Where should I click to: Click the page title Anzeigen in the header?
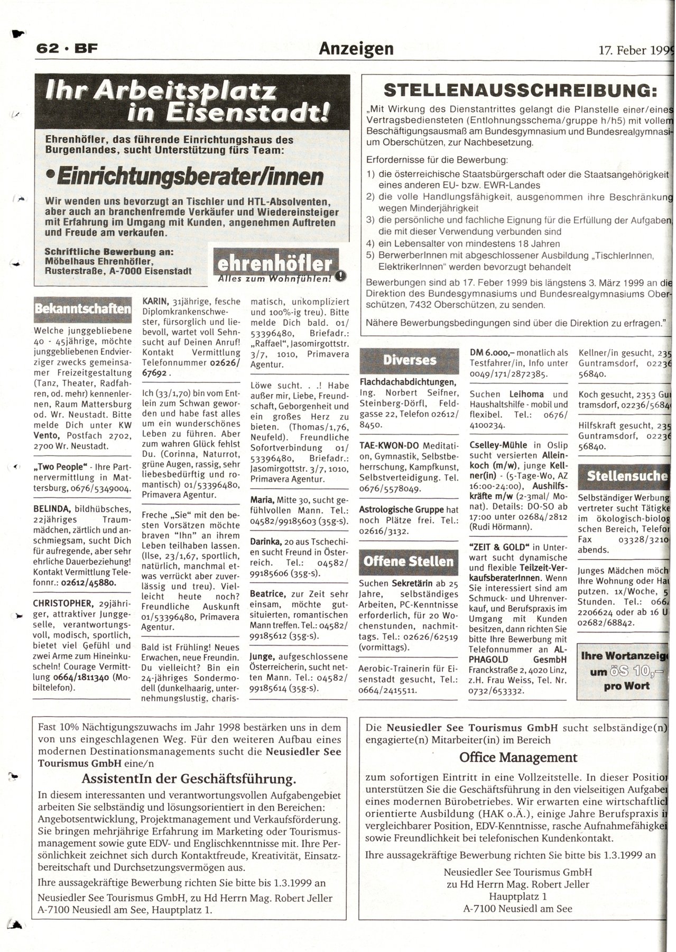click(x=356, y=49)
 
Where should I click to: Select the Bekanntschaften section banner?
click(x=82, y=308)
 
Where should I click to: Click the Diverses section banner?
click(x=410, y=360)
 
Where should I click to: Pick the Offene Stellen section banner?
click(x=409, y=561)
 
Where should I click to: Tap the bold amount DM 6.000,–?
click(x=492, y=353)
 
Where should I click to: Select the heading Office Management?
click(x=518, y=757)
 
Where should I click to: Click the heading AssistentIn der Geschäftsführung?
click(x=189, y=779)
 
